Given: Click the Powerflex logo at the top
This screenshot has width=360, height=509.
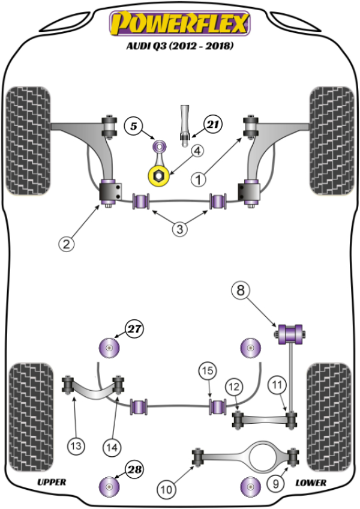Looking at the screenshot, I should [x=179, y=25].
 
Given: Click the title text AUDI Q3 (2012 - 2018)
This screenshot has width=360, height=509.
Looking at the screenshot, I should [x=179, y=46].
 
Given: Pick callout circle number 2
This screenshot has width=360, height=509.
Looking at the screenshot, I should [x=67, y=244].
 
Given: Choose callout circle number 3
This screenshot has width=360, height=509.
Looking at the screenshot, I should [x=181, y=229].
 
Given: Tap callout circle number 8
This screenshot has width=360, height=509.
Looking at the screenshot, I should [x=240, y=292].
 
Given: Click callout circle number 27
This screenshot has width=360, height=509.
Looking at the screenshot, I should [x=135, y=328].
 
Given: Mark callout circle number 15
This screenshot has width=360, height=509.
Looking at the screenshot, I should [x=208, y=372].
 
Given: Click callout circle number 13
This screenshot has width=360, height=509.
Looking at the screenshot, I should [x=77, y=446].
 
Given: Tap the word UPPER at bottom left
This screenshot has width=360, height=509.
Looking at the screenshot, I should [x=52, y=482].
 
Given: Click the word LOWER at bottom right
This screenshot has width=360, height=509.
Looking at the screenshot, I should [x=311, y=483].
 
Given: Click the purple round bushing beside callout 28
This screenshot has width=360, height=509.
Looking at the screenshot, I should [x=109, y=486].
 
